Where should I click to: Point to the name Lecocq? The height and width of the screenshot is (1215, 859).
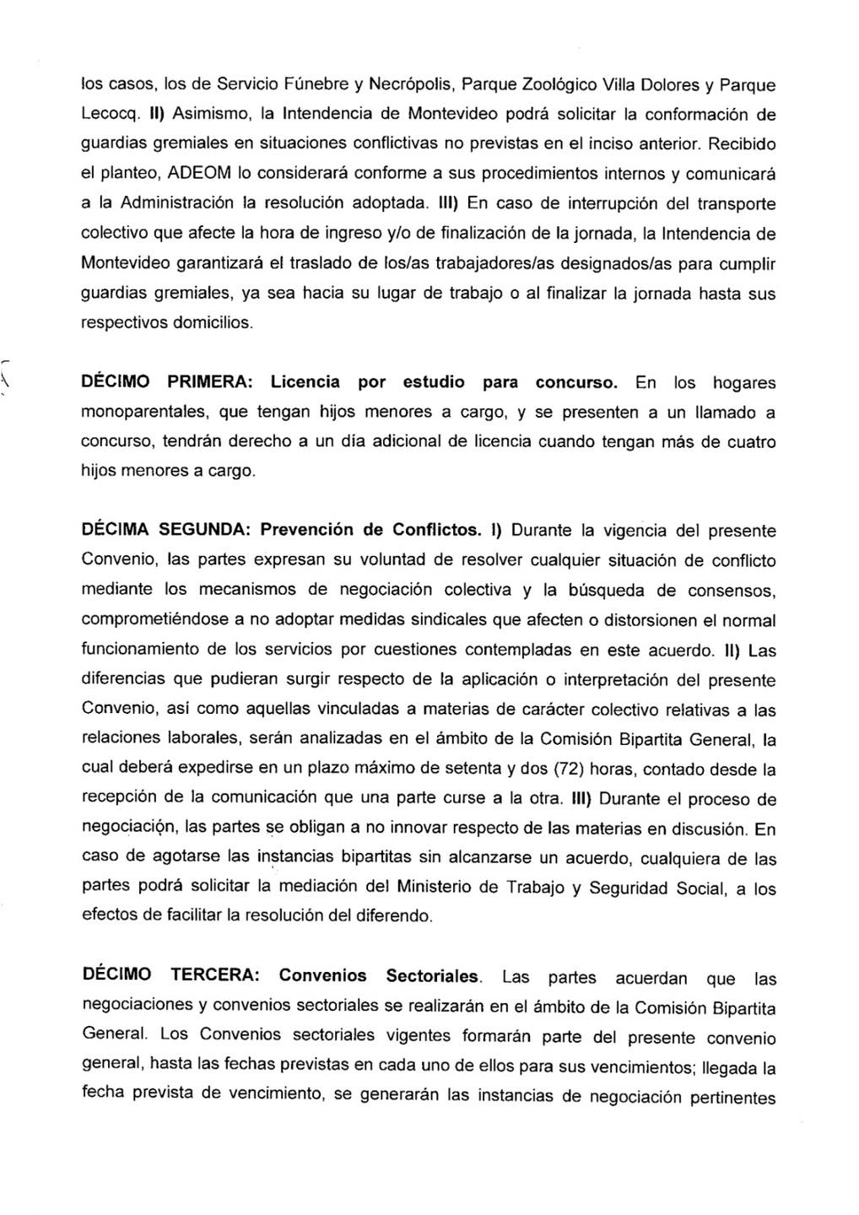coord(106,115)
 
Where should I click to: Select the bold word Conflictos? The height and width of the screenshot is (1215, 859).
coord(439,531)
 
